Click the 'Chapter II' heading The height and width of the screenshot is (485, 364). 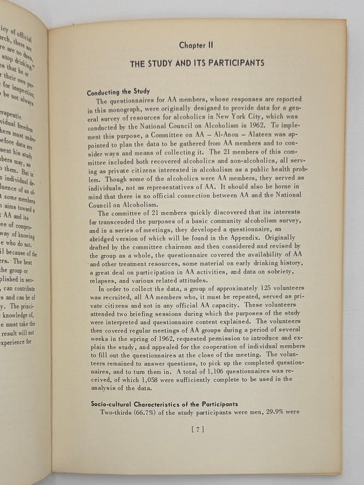pyautogui.click(x=199, y=44)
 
